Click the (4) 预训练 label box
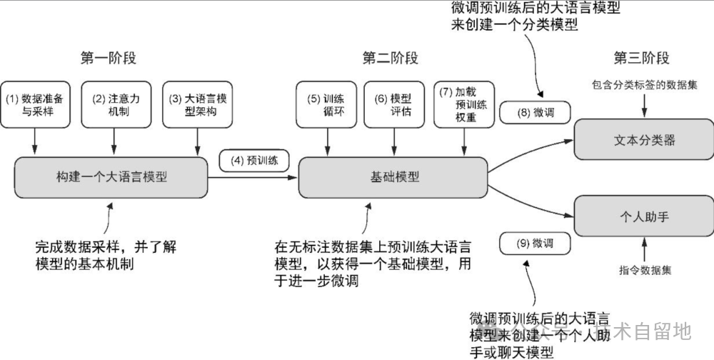(x=253, y=161)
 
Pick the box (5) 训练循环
(x=326, y=105)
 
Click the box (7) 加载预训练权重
(x=464, y=105)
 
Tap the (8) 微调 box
(x=535, y=112)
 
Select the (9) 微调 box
(x=535, y=244)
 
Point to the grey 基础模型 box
(x=393, y=177)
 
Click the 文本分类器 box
(x=644, y=140)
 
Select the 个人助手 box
(x=644, y=217)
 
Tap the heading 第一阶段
(x=108, y=59)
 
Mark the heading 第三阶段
(x=642, y=59)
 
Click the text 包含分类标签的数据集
(x=644, y=85)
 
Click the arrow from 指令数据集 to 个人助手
(x=645, y=251)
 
